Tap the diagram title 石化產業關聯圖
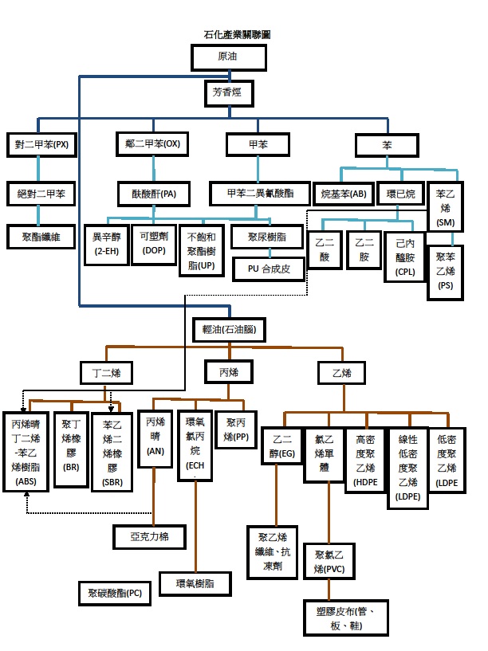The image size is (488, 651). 237,36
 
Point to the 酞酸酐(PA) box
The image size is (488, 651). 153,193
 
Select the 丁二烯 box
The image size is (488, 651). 107,371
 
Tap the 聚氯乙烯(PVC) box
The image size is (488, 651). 329,560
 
